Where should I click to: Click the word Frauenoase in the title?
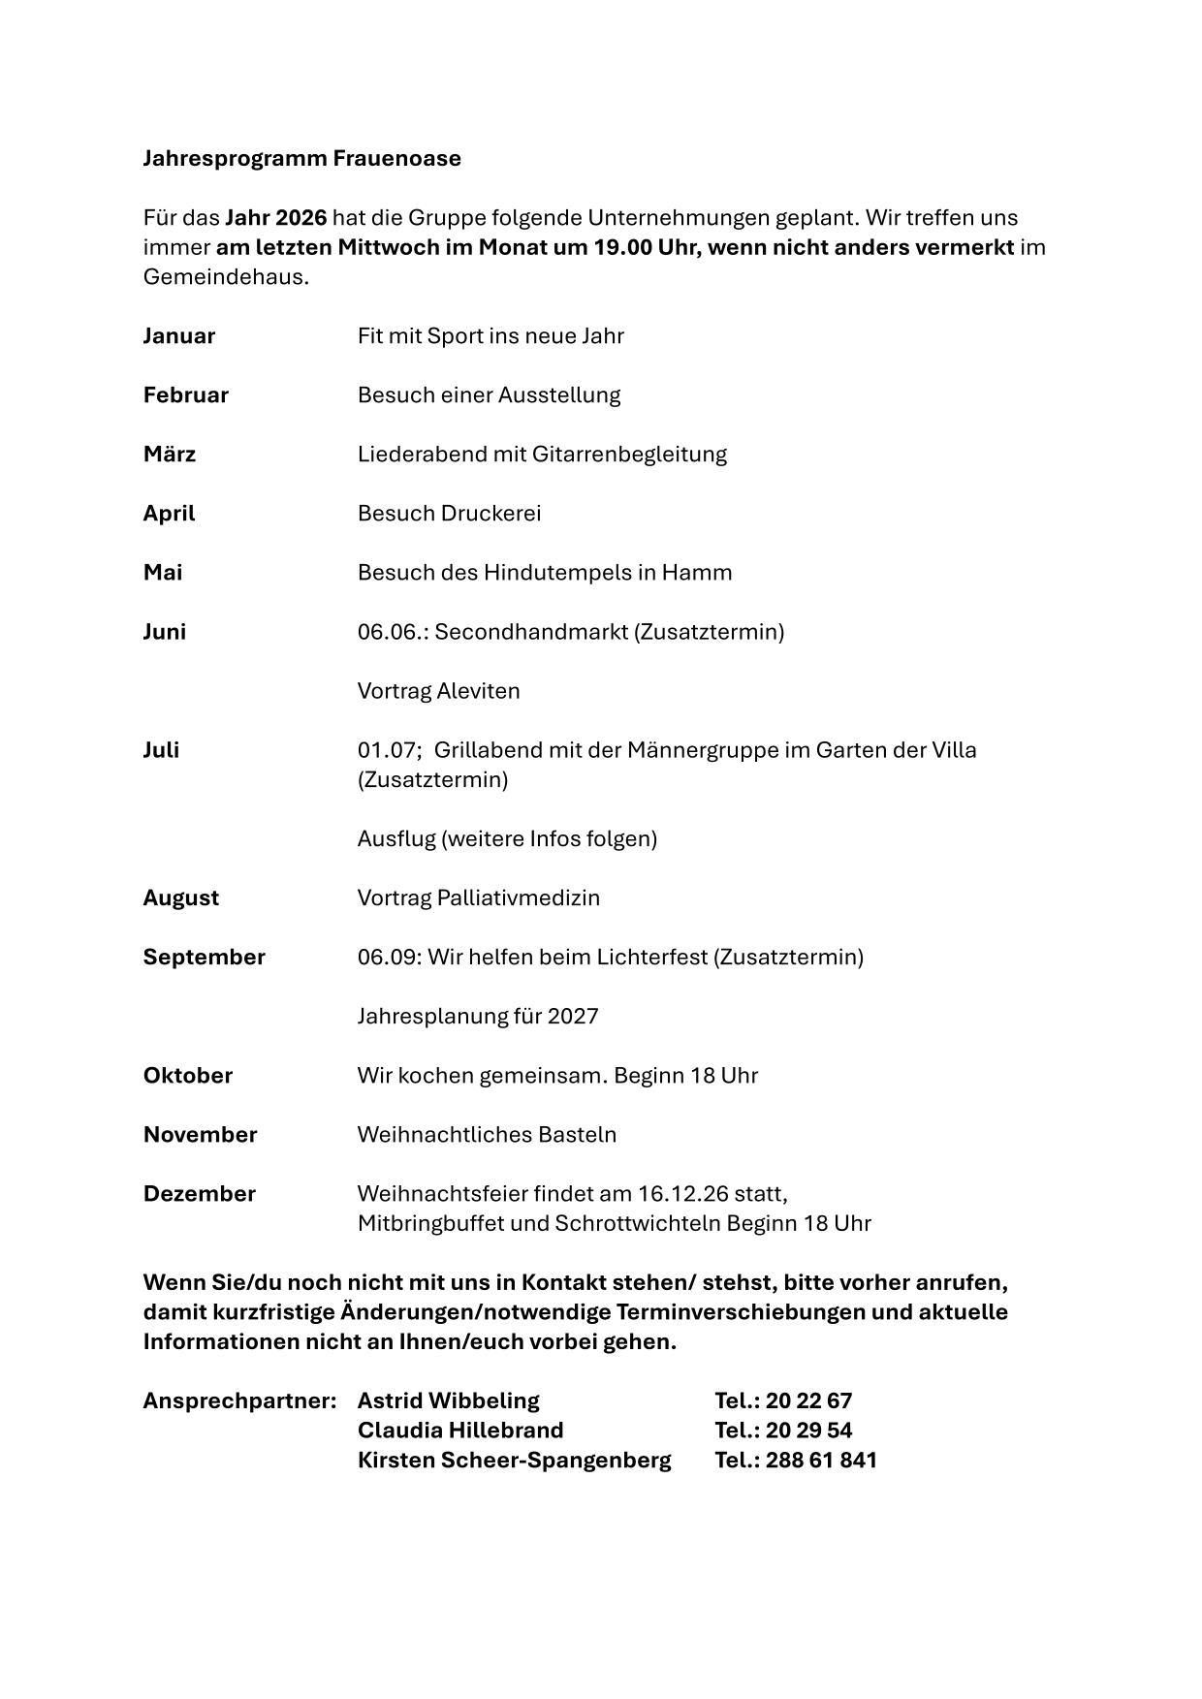[396, 158]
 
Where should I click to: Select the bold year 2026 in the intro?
[300, 217]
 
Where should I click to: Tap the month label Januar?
[179, 336]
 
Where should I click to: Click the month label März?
[170, 455]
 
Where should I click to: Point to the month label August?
[181, 898]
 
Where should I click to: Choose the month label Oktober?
[188, 1076]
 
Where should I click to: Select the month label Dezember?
[200, 1194]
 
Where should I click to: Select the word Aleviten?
[479, 691]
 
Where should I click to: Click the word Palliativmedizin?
[519, 898]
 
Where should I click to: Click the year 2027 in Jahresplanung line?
[573, 1017]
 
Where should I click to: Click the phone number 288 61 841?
[821, 1461]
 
